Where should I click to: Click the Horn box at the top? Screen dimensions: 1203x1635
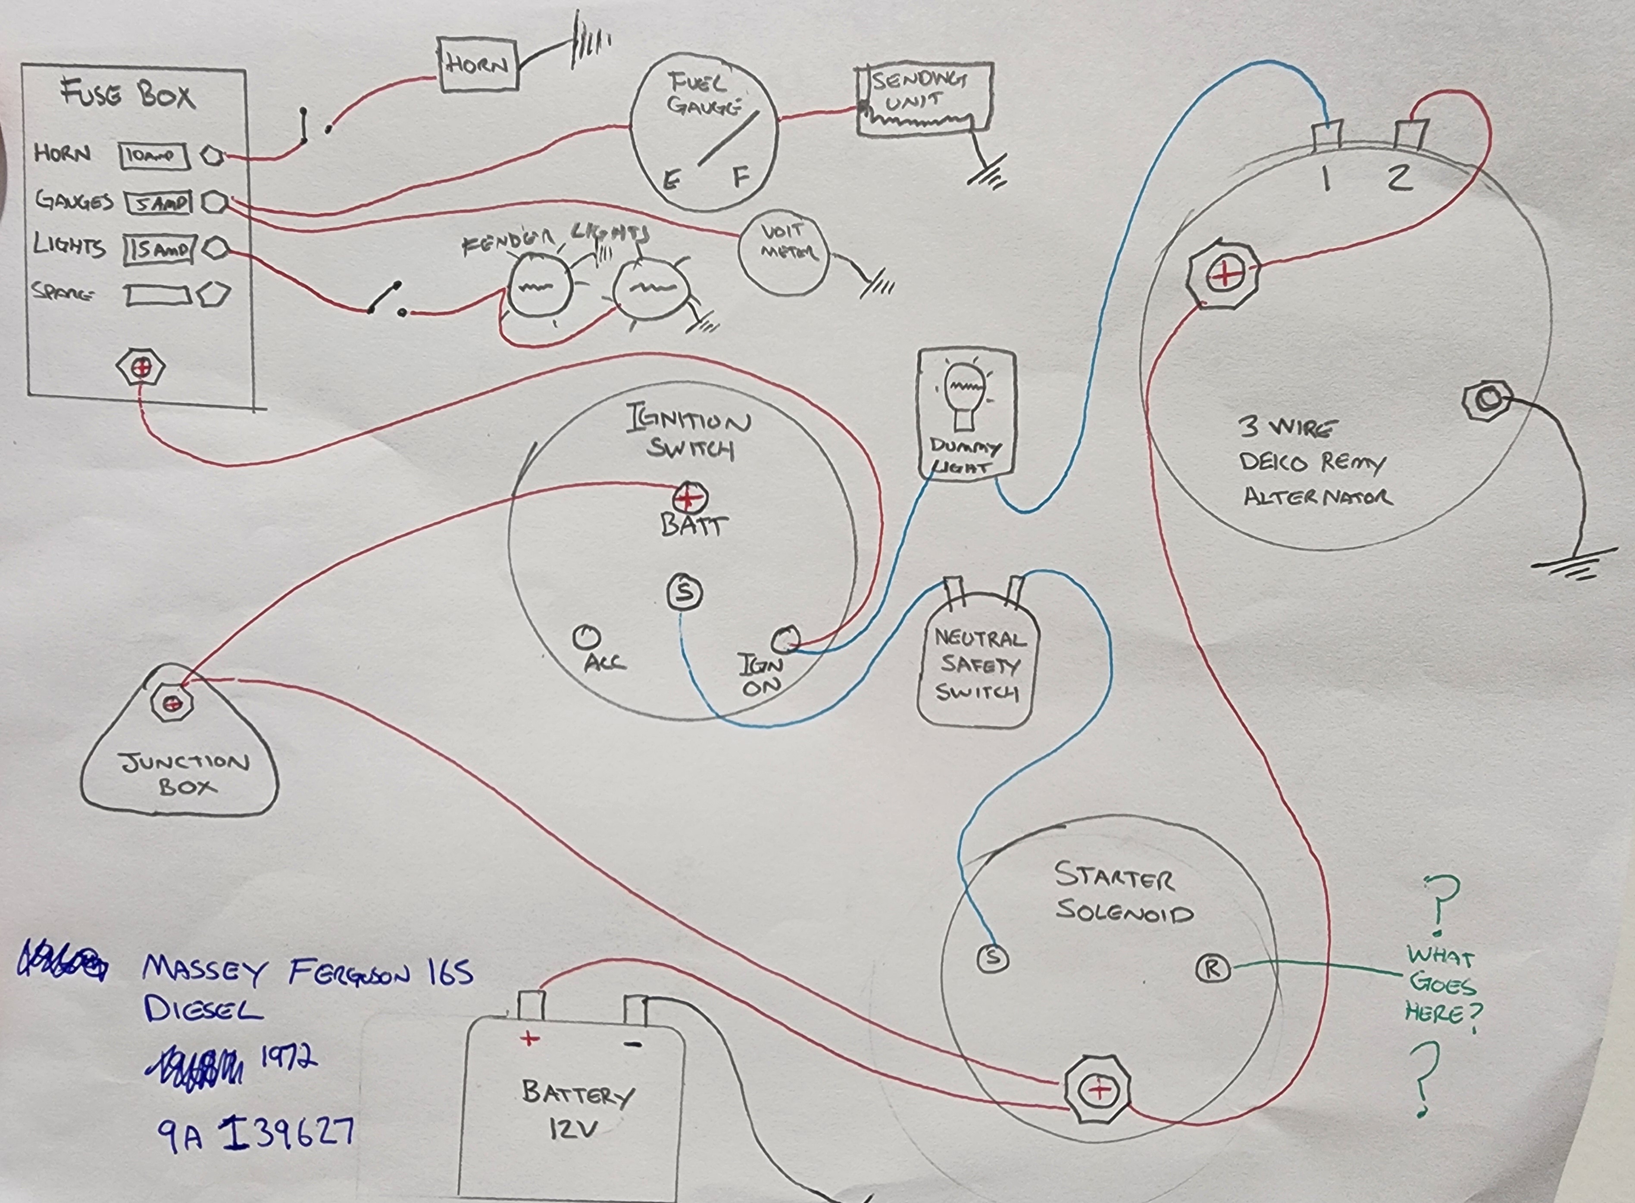pos(477,65)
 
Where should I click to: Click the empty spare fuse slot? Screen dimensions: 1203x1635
pos(157,295)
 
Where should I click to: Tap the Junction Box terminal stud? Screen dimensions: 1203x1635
pos(172,703)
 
